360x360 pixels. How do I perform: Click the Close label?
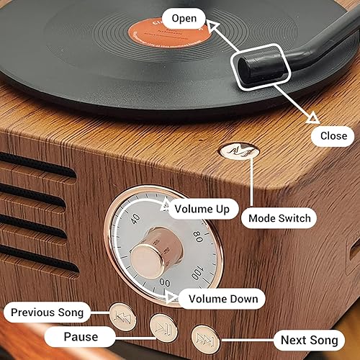(333, 135)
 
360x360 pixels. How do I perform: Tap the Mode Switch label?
(280, 217)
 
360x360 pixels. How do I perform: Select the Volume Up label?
(202, 209)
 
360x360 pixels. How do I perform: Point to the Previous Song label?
(47, 312)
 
